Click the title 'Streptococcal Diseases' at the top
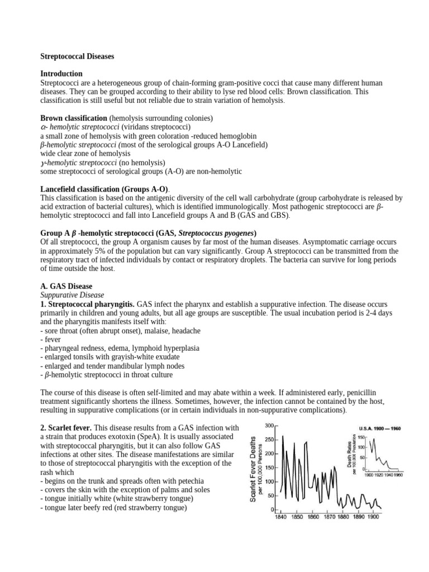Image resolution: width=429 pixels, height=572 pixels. [78, 56]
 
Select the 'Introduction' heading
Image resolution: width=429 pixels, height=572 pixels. [61, 74]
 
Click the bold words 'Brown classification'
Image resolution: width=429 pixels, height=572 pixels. [74, 118]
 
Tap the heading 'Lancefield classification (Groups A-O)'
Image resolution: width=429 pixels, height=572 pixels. [104, 189]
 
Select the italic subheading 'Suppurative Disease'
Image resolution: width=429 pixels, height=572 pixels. [72, 295]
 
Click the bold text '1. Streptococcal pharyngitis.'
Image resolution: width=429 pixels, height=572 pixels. [88, 304]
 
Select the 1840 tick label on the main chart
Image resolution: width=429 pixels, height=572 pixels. [281, 517]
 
